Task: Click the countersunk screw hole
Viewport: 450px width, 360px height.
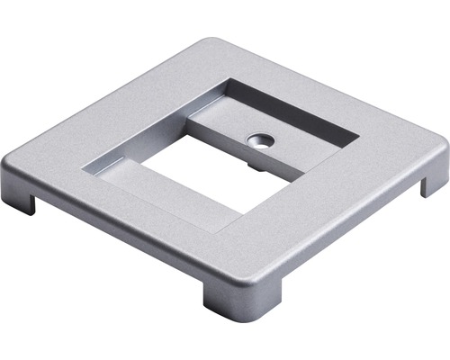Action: click(x=260, y=140)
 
